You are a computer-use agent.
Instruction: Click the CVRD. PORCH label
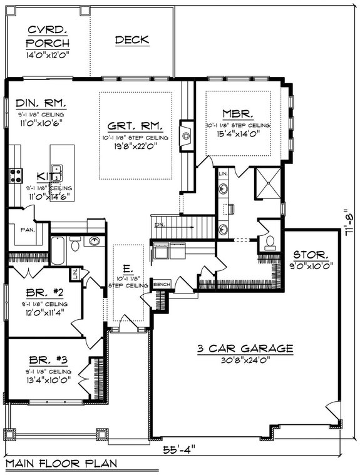pos(48,37)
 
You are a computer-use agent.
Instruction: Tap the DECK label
pos(131,39)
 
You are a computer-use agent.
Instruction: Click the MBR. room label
pos(238,114)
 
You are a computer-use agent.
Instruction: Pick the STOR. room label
pos(311,255)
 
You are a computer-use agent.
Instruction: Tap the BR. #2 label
pos(44,292)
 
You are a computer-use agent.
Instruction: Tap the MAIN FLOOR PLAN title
pos(61,464)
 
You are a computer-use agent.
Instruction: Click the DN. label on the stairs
pos(159,223)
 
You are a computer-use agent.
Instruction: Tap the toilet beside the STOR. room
pos(270,242)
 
